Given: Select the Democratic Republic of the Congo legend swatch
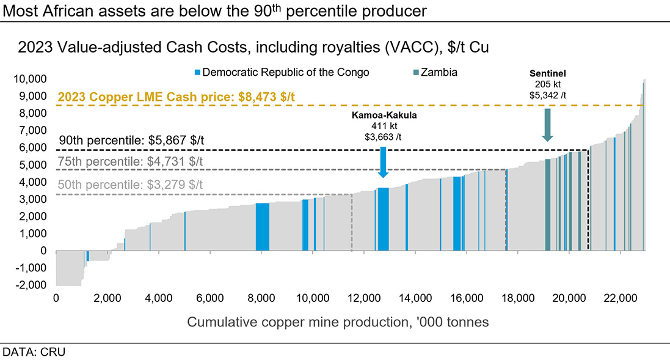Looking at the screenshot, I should pos(197,73).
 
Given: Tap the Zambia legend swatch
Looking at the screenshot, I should pos(416,73).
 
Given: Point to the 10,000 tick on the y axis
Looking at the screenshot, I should pos(31,79).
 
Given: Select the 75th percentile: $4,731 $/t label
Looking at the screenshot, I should pos(130,162).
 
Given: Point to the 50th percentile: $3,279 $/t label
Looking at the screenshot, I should pos(130,185).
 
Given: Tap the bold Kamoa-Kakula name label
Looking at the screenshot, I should pos(383,116).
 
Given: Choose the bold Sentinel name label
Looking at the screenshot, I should pos(547,73).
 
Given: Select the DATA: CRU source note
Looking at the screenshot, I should pos(34,352).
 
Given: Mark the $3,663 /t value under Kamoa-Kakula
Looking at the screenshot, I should pos(383,136).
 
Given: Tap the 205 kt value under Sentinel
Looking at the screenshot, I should pos(547,84).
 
